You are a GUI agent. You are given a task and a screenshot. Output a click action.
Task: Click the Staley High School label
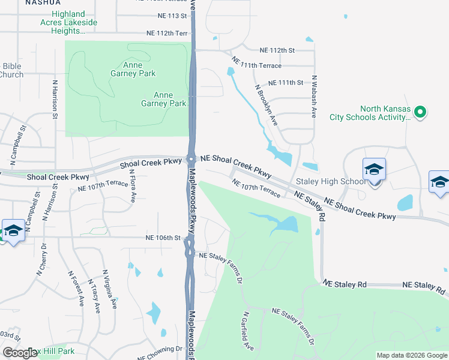click(329, 181)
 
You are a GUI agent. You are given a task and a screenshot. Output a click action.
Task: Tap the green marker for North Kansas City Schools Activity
click(420, 112)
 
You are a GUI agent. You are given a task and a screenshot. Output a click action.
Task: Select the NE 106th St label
click(163, 238)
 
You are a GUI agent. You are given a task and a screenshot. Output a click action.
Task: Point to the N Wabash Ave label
click(313, 98)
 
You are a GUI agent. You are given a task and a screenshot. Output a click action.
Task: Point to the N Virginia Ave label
click(110, 288)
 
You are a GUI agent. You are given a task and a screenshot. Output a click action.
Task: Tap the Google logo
click(20, 353)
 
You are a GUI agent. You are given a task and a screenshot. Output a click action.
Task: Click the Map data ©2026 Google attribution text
click(412, 355)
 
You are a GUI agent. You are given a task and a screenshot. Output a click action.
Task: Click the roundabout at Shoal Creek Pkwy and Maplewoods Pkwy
click(191, 159)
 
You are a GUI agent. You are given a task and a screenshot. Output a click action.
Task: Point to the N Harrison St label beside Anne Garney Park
click(55, 97)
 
